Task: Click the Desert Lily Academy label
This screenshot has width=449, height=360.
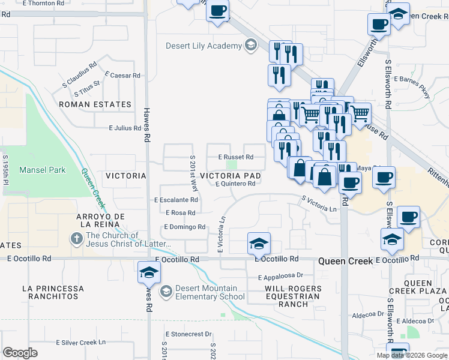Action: click(203, 46)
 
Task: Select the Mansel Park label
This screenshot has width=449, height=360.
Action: click(42, 170)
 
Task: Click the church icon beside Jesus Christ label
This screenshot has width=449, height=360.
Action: click(76, 238)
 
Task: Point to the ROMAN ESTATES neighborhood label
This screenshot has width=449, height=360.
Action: click(95, 104)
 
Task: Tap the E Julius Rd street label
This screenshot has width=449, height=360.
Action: click(124, 128)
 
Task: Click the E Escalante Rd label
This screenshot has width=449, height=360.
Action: click(176, 200)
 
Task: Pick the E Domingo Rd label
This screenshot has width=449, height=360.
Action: click(185, 227)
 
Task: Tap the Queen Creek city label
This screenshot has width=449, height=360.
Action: click(345, 261)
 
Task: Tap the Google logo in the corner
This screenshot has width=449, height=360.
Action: click(20, 353)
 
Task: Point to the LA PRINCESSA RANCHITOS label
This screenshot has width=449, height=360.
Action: click(50, 292)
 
